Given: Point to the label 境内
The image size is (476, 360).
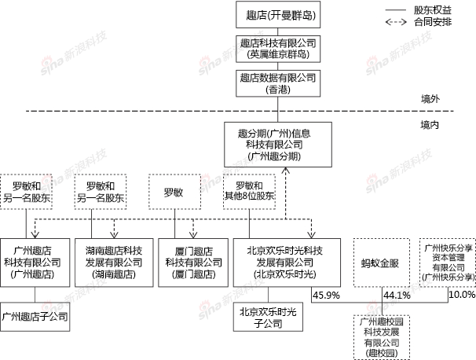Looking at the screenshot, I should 430,125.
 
